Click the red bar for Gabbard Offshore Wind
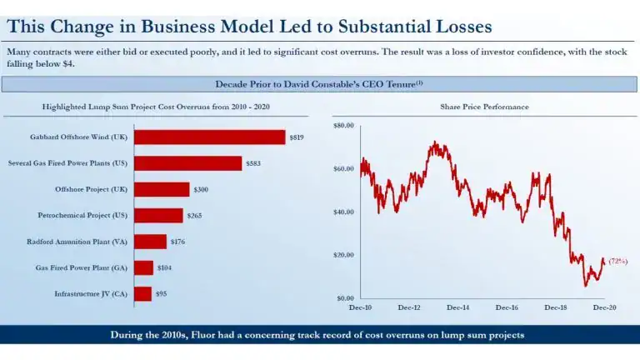point(209,137)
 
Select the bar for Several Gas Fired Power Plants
point(187,163)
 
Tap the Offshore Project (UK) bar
point(162,189)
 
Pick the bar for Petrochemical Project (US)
point(158,215)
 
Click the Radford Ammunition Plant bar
point(150,242)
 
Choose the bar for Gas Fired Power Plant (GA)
point(143,267)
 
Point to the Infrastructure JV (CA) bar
point(142,293)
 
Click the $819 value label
point(297,137)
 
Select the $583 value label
point(253,163)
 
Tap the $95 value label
point(162,293)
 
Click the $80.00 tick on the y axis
point(344,125)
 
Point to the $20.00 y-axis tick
point(344,255)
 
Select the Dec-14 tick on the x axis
point(458,307)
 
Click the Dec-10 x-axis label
point(361,307)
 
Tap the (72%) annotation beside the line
point(617,261)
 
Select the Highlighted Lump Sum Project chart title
point(156,107)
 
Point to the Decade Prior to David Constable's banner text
point(319,84)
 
